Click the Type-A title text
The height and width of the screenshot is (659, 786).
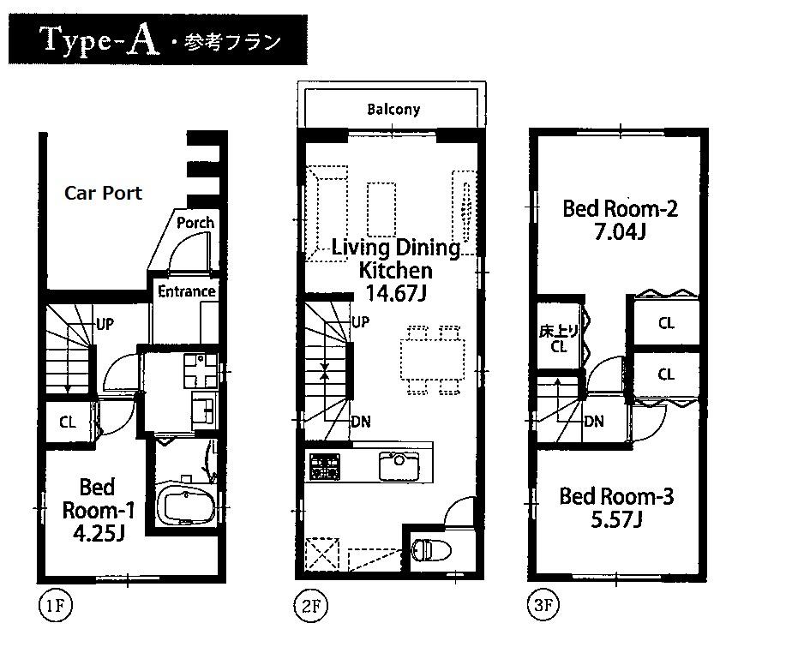(99, 40)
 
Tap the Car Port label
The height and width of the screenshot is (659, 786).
(103, 193)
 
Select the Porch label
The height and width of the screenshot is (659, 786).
(195, 222)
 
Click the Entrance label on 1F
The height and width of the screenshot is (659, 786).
(186, 291)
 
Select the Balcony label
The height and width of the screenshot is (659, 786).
(393, 109)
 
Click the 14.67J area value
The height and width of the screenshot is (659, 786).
(396, 293)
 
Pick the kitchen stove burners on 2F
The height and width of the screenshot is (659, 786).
(325, 465)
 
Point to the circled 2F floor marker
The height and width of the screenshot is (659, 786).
(311, 607)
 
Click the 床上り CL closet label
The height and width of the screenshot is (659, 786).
(558, 338)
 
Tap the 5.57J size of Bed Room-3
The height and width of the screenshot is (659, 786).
(615, 520)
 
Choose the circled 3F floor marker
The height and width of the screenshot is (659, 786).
(543, 607)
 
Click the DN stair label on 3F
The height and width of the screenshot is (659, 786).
(593, 421)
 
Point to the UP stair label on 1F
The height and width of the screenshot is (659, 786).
(105, 324)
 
